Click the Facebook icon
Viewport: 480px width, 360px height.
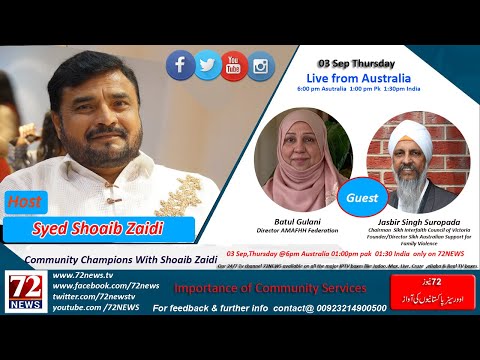coord(180,66)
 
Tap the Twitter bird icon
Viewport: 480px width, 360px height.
coord(207,66)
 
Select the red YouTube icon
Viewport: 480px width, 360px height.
coord(234,66)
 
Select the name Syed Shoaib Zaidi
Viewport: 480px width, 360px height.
coord(98,229)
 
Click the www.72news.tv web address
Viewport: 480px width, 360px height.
coord(82,274)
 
